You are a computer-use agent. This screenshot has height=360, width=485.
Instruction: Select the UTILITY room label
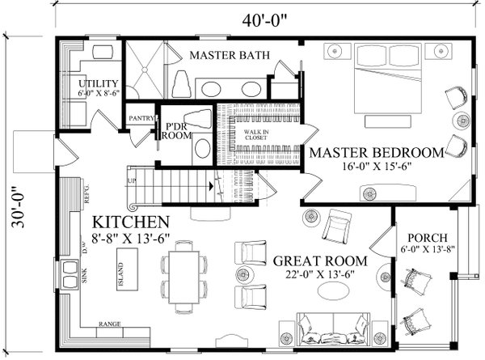pos(99,84)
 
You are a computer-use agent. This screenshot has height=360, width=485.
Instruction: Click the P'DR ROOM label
pos(177,132)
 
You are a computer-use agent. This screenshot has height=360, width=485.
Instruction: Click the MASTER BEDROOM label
pos(377,152)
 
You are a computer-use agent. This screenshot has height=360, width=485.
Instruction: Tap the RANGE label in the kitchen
pos(109,324)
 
